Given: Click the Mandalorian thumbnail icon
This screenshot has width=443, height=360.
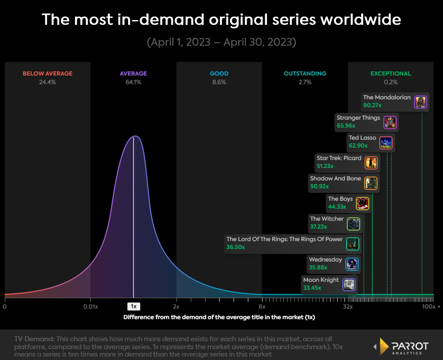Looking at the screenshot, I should [420, 102].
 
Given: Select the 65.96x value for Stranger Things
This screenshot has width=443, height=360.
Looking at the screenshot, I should [346, 126].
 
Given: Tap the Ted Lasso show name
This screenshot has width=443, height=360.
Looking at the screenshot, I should [362, 138].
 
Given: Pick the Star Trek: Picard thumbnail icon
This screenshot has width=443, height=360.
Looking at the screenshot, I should [371, 163].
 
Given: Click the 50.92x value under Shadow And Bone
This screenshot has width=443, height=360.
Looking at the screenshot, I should [319, 186].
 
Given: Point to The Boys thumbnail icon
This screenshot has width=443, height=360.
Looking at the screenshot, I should [362, 204].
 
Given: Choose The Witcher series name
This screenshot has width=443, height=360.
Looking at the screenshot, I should [327, 219].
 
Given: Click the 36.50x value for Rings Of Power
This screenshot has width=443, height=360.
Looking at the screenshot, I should [236, 247].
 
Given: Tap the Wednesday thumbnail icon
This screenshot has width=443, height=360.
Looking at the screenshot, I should [352, 264].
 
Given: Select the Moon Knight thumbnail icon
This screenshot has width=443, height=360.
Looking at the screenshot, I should [349, 285].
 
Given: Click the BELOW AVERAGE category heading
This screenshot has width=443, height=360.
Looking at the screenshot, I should [47, 74].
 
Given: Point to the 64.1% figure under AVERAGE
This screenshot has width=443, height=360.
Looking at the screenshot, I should [133, 82].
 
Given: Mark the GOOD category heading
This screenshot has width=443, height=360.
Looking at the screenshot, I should [219, 74].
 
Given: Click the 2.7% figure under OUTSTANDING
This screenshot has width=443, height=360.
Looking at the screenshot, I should [305, 82].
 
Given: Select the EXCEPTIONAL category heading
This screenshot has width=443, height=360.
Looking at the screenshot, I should [391, 74].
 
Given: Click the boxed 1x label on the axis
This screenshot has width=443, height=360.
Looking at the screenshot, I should [133, 306].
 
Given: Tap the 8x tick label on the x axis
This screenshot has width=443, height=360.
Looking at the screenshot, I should [262, 306].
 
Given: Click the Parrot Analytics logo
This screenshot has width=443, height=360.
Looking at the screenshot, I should [401, 346].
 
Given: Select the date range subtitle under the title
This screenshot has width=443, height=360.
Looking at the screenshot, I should [221, 42].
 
